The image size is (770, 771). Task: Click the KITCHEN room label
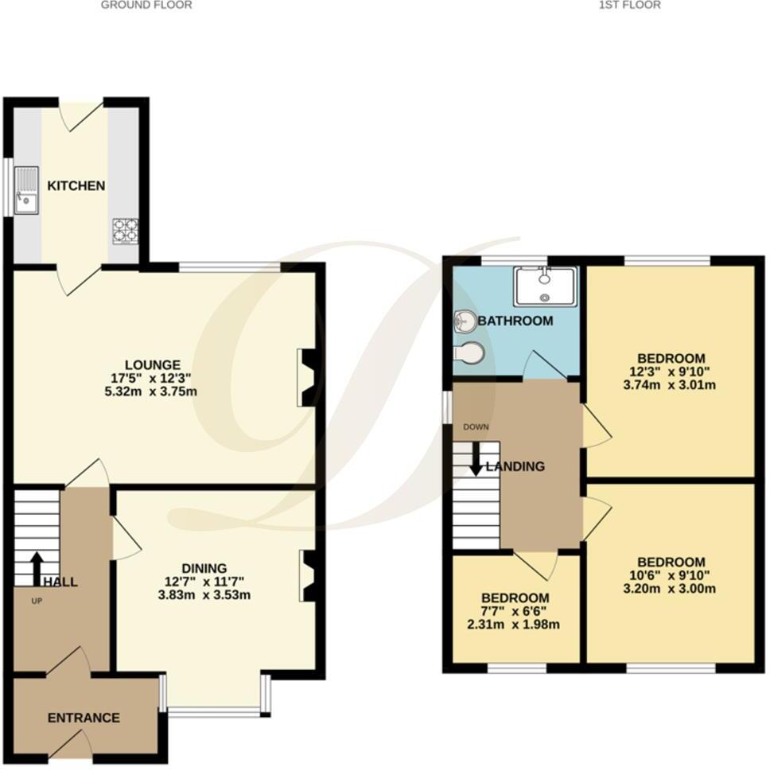click(76, 186)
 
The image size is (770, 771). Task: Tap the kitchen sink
click(27, 190)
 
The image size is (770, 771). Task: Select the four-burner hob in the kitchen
click(125, 230)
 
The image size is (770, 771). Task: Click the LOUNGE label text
click(157, 365)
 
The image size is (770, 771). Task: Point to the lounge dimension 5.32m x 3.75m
click(157, 391)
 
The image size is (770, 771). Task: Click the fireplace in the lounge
click(309, 377)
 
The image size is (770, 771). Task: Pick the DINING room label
click(204, 568)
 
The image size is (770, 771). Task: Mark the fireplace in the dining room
click(310, 576)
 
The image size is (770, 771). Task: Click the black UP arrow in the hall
click(37, 568)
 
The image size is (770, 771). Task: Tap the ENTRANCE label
click(84, 718)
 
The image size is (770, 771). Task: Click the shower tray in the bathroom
click(546, 286)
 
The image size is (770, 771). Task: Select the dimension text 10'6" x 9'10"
click(671, 575)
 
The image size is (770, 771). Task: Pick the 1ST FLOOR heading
click(630, 5)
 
